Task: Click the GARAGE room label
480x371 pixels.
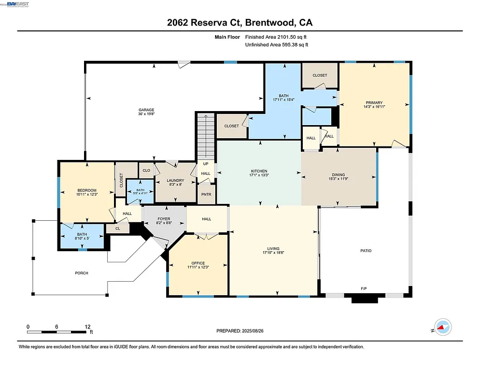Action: (x=146, y=110)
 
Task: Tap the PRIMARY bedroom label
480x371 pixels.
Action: (x=374, y=102)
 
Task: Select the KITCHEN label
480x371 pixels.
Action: (x=259, y=171)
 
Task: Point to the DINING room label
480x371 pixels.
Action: (x=338, y=175)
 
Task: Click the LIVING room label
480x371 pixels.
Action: (x=274, y=248)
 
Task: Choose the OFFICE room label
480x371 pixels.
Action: (x=198, y=263)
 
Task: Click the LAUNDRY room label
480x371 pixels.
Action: (x=175, y=180)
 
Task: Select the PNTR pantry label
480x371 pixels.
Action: (x=207, y=195)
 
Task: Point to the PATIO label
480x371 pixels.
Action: (x=365, y=251)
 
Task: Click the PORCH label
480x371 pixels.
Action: (x=82, y=273)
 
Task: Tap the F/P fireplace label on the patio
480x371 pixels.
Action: (x=364, y=288)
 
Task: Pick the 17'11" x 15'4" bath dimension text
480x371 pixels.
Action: (x=284, y=100)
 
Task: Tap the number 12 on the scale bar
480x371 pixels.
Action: (x=87, y=327)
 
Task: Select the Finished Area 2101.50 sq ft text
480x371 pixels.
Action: (x=276, y=37)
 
